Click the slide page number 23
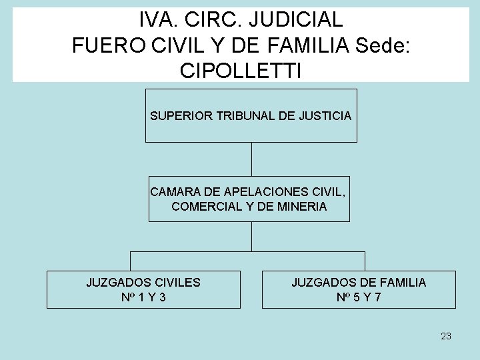click(x=446, y=336)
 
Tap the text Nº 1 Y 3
click(x=143, y=297)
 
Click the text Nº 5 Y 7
click(x=359, y=297)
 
